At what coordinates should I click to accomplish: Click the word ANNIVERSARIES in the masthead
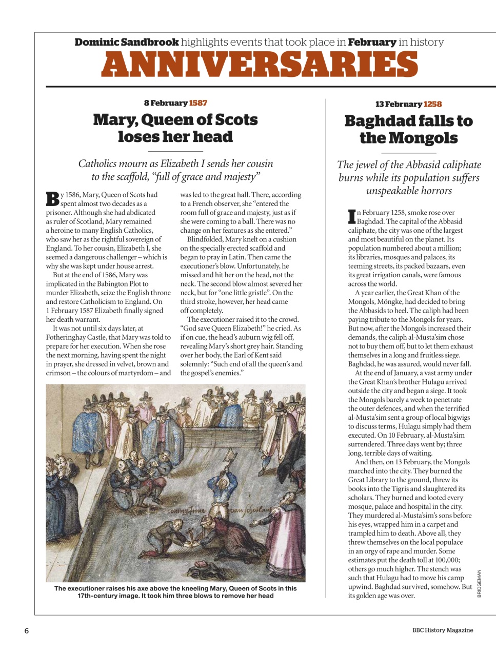pyautogui.click(x=260, y=65)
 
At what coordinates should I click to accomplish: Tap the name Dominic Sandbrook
pyautogui.click(x=126, y=42)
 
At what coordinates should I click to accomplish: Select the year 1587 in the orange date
pyautogui.click(x=198, y=103)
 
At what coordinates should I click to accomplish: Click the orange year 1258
pyautogui.click(x=432, y=104)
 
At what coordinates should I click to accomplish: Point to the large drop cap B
pyautogui.click(x=52, y=199)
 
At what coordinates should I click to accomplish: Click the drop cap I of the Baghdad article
pyautogui.click(x=352, y=216)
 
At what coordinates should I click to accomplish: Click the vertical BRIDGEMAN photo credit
pyautogui.click(x=479, y=583)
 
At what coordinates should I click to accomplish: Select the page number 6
pyautogui.click(x=27, y=631)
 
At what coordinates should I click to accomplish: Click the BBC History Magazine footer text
pyautogui.click(x=442, y=630)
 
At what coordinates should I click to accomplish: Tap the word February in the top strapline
pyautogui.click(x=372, y=42)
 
